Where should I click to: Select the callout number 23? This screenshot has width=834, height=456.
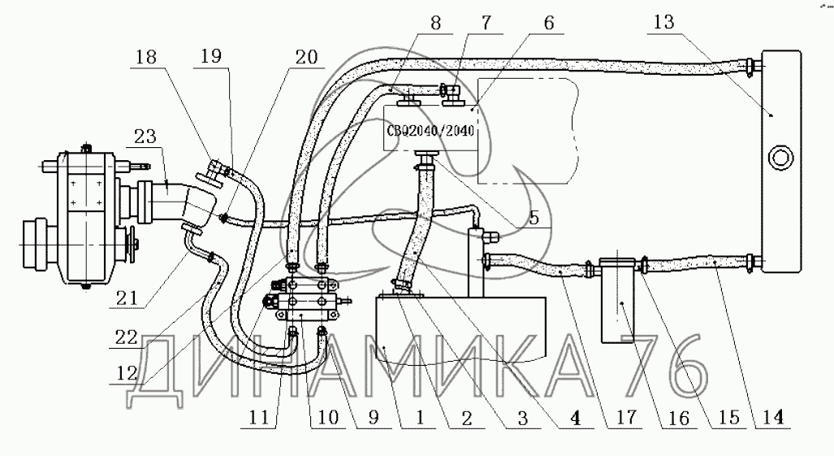pos(145,137)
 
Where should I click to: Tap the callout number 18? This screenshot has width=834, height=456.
pos(147,56)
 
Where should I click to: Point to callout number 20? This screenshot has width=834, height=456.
pos(306,58)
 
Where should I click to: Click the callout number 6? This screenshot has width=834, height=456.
pos(549,23)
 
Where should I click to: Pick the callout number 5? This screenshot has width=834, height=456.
pos(534,218)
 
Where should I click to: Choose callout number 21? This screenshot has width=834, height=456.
pos(127,298)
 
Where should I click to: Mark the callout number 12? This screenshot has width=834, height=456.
pos(127,374)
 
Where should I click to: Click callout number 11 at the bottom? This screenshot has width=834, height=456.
pos(259,417)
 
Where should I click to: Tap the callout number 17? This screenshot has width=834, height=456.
pos(625,417)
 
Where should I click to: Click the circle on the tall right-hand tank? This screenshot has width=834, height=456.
pos(781,158)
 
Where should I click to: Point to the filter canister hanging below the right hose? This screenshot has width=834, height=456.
pos(617,300)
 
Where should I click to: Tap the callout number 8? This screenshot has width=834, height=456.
pos(436,24)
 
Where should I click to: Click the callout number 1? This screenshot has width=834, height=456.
pos(420,417)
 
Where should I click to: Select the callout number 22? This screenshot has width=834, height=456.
pos(127,337)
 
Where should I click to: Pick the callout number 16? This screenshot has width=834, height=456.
pos(678,417)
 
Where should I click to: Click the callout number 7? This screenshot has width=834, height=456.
pos(486,24)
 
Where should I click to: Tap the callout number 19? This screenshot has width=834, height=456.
pos(212,56)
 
